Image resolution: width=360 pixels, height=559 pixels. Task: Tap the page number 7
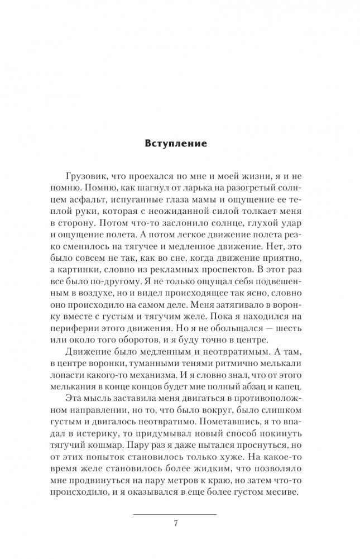pyautogui.click(x=176, y=523)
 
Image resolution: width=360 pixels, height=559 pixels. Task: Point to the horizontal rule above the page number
pyautogui.click(x=176, y=513)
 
